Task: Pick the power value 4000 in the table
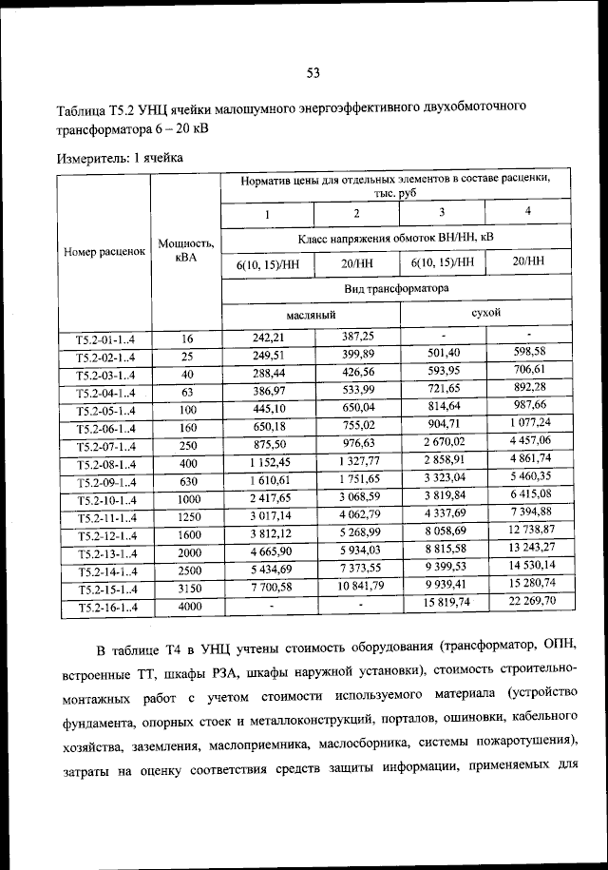click(189, 607)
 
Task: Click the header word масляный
click(310, 313)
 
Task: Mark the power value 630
click(188, 483)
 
